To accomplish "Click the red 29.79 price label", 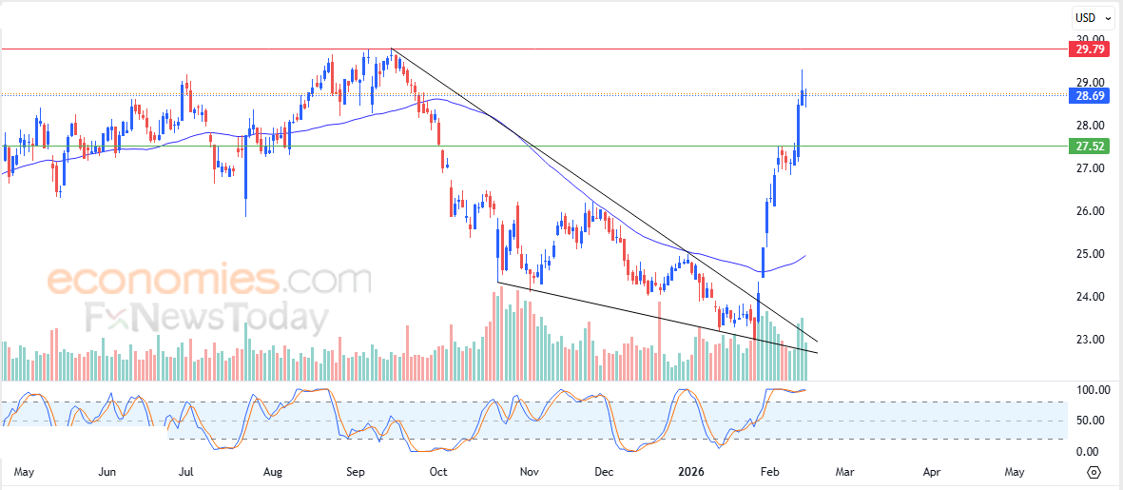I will coord(1088,49).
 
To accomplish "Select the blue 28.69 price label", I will coord(1088,96).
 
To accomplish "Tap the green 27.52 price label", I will coord(1088,147).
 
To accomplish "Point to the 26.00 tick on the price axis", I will coord(1089,211).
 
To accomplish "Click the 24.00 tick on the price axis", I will coord(1089,297).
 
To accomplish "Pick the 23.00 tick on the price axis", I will coord(1089,340).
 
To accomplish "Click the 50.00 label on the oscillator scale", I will coord(1091,421).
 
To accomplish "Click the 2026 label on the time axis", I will coord(690,471).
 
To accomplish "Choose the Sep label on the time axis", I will coord(357,471).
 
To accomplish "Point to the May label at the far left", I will coord(25,471).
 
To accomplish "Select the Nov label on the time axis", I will coord(530,471).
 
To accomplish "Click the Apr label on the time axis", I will coord(932,471).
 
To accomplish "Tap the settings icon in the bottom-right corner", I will coord(1093,472).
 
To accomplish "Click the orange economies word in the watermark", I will coord(163,281).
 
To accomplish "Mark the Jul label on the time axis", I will coord(186,471).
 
